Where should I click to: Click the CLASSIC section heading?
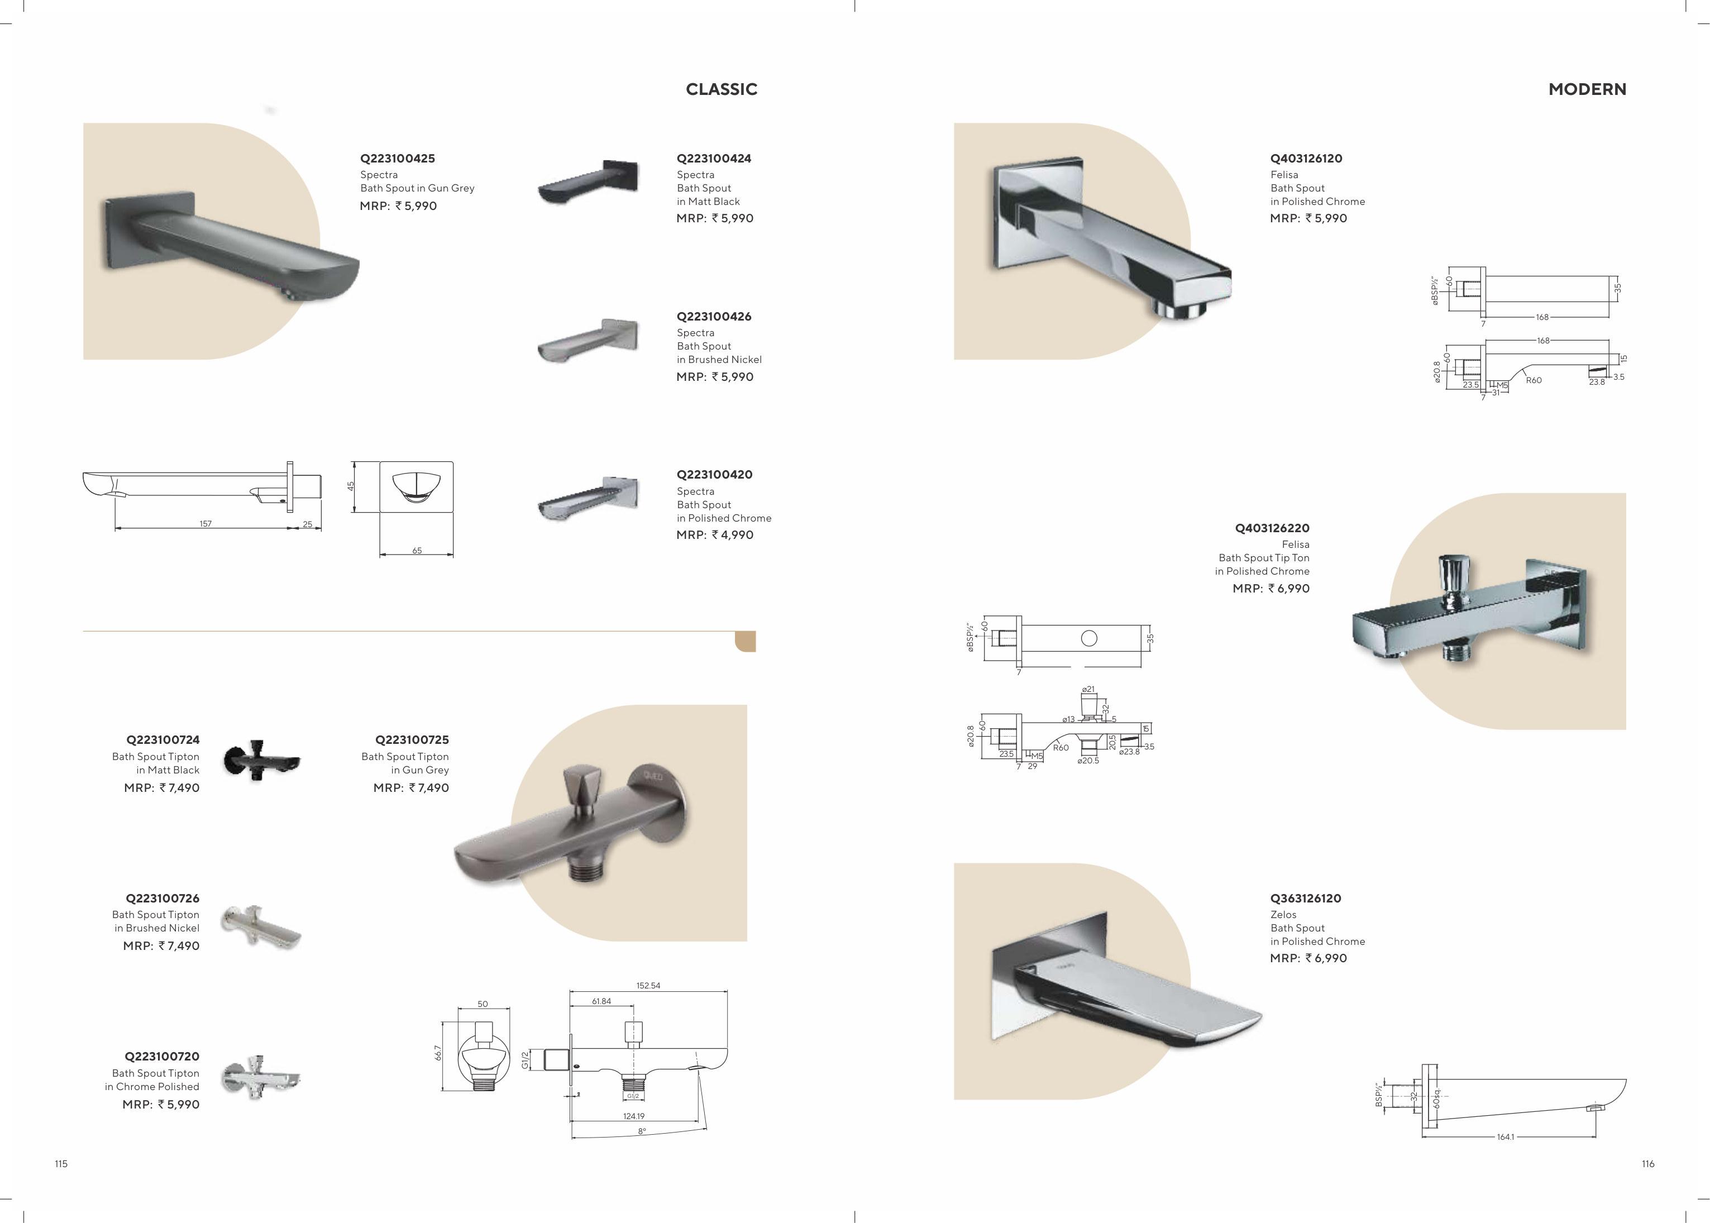point(722,89)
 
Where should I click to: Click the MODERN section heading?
point(1587,89)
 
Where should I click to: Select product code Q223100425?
point(398,158)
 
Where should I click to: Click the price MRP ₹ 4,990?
point(715,534)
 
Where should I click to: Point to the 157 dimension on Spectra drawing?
point(206,523)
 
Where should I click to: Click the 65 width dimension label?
point(417,551)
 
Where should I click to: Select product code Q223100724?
point(163,739)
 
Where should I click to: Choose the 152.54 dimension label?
point(648,985)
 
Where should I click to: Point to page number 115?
point(61,1163)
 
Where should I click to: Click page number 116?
point(1648,1163)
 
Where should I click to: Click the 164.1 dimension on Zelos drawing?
point(1505,1136)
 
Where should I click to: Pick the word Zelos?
point(1284,914)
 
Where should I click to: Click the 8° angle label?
point(642,1131)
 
